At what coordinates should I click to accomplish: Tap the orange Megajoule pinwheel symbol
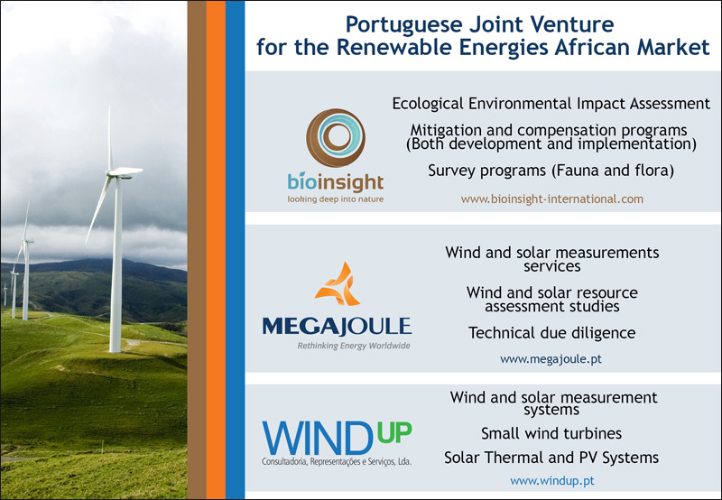point(338,284)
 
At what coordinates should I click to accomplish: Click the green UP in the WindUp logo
point(394,432)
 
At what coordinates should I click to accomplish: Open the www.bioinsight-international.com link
point(552,199)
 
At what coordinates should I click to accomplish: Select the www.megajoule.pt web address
point(551,358)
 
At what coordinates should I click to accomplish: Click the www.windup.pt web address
point(552,481)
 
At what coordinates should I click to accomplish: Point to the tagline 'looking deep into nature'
point(335,199)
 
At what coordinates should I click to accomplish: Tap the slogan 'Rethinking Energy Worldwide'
point(354,346)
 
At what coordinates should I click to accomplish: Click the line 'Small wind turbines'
point(551,433)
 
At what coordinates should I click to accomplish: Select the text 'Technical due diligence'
point(551,332)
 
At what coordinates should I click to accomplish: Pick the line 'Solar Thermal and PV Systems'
point(551,458)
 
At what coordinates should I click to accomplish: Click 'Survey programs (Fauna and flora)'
point(551,171)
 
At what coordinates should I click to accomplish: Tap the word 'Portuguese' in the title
point(403,25)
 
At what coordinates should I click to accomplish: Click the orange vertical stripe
point(216,250)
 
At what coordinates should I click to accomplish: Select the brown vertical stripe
point(197,250)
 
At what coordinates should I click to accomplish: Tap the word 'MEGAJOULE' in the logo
point(337,326)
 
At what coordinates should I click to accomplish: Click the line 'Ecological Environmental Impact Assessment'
point(551,104)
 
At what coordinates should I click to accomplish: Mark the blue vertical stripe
point(236,250)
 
